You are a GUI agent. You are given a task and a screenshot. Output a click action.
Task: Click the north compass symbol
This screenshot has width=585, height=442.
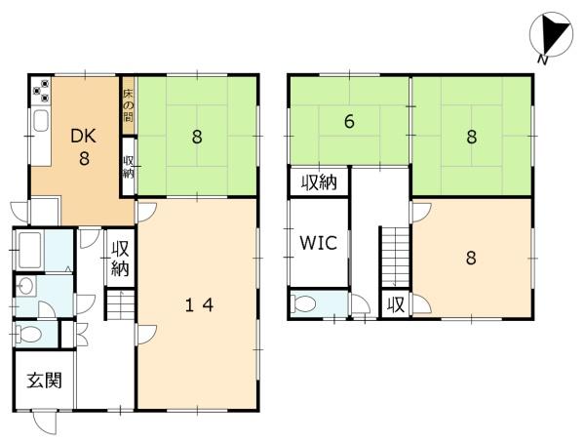551,35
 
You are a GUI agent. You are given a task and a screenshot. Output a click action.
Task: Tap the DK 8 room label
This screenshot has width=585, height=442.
84,146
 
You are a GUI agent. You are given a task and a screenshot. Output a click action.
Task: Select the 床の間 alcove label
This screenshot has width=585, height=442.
129,106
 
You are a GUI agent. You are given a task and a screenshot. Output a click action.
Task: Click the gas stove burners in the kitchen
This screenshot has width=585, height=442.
41,91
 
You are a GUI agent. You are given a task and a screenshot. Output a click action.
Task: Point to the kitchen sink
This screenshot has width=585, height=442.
41,120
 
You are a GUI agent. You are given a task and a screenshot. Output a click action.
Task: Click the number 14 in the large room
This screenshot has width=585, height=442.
200,305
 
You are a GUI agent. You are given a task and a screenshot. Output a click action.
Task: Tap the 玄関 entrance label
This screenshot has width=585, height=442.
45,381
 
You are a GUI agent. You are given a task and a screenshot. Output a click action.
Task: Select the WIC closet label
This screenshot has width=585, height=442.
318,243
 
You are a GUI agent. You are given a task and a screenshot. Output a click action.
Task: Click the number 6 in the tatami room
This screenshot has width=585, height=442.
349,121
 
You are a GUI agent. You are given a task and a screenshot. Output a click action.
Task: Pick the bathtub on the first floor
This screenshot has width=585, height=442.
29,251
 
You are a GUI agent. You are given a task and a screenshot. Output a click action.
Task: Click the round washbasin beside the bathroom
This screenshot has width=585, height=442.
25,286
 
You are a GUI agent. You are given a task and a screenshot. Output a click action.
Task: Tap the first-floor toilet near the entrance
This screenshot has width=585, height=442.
27,334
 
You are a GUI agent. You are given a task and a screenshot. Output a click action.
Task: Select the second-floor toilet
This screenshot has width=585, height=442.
304,303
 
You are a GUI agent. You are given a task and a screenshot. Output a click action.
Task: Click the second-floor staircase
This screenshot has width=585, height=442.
395,256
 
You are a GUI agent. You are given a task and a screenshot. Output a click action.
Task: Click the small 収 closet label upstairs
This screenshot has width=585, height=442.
396,305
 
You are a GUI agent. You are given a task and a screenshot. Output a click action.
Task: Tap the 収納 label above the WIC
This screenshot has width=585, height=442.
320,182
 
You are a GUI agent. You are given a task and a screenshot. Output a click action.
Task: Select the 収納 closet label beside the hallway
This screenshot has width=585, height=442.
120,259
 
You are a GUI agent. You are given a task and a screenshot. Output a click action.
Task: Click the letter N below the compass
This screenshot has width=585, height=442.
543,60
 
